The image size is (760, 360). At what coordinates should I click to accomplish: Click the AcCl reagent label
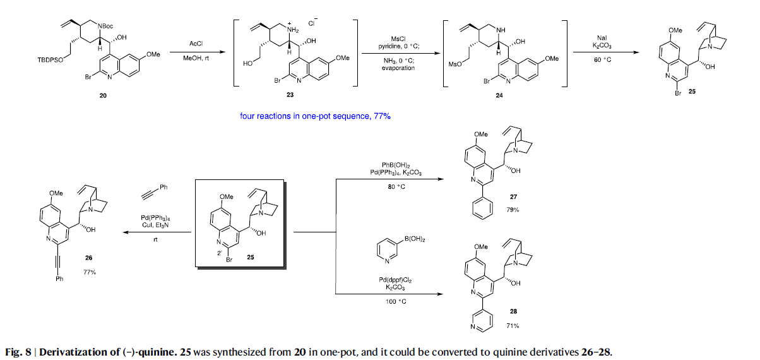tap(196, 44)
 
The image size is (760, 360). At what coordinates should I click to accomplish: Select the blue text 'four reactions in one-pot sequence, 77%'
tap(316, 116)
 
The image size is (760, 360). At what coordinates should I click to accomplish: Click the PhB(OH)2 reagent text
tap(397, 164)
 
